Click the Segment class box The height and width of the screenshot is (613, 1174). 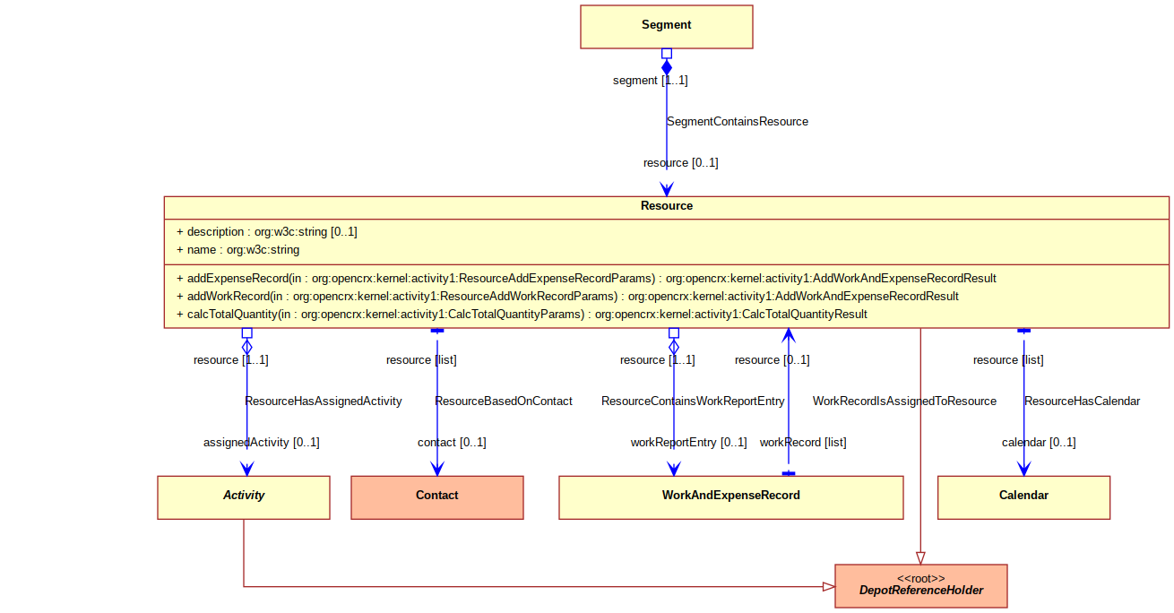coord(666,27)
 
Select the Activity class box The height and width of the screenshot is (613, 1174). coord(244,497)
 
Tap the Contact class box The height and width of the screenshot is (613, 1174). coord(437,497)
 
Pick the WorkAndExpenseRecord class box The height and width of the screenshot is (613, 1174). coord(731,497)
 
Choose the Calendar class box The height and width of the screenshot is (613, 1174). coord(1023,497)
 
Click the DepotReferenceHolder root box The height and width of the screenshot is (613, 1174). coord(921,586)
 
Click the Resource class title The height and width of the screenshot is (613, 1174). coord(667,206)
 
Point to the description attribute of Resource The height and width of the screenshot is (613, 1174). coord(267,231)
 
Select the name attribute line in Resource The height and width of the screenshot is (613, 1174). coord(238,250)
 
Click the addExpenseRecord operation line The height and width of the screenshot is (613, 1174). coord(586,278)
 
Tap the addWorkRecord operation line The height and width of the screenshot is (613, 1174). coord(567,297)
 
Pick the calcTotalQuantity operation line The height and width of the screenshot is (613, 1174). coord(522,315)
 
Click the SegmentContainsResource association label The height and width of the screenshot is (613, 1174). coord(738,122)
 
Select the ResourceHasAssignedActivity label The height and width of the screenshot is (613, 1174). coord(324,401)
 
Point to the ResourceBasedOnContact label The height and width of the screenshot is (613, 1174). coord(504,401)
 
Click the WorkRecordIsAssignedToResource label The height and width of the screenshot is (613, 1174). coord(904,401)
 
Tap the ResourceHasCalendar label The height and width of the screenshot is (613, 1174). coord(1083,401)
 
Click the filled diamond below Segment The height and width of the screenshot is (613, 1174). coord(667,67)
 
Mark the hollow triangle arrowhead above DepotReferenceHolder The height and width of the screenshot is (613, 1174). coord(921,558)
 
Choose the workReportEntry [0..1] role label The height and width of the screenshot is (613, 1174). coord(688,442)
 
